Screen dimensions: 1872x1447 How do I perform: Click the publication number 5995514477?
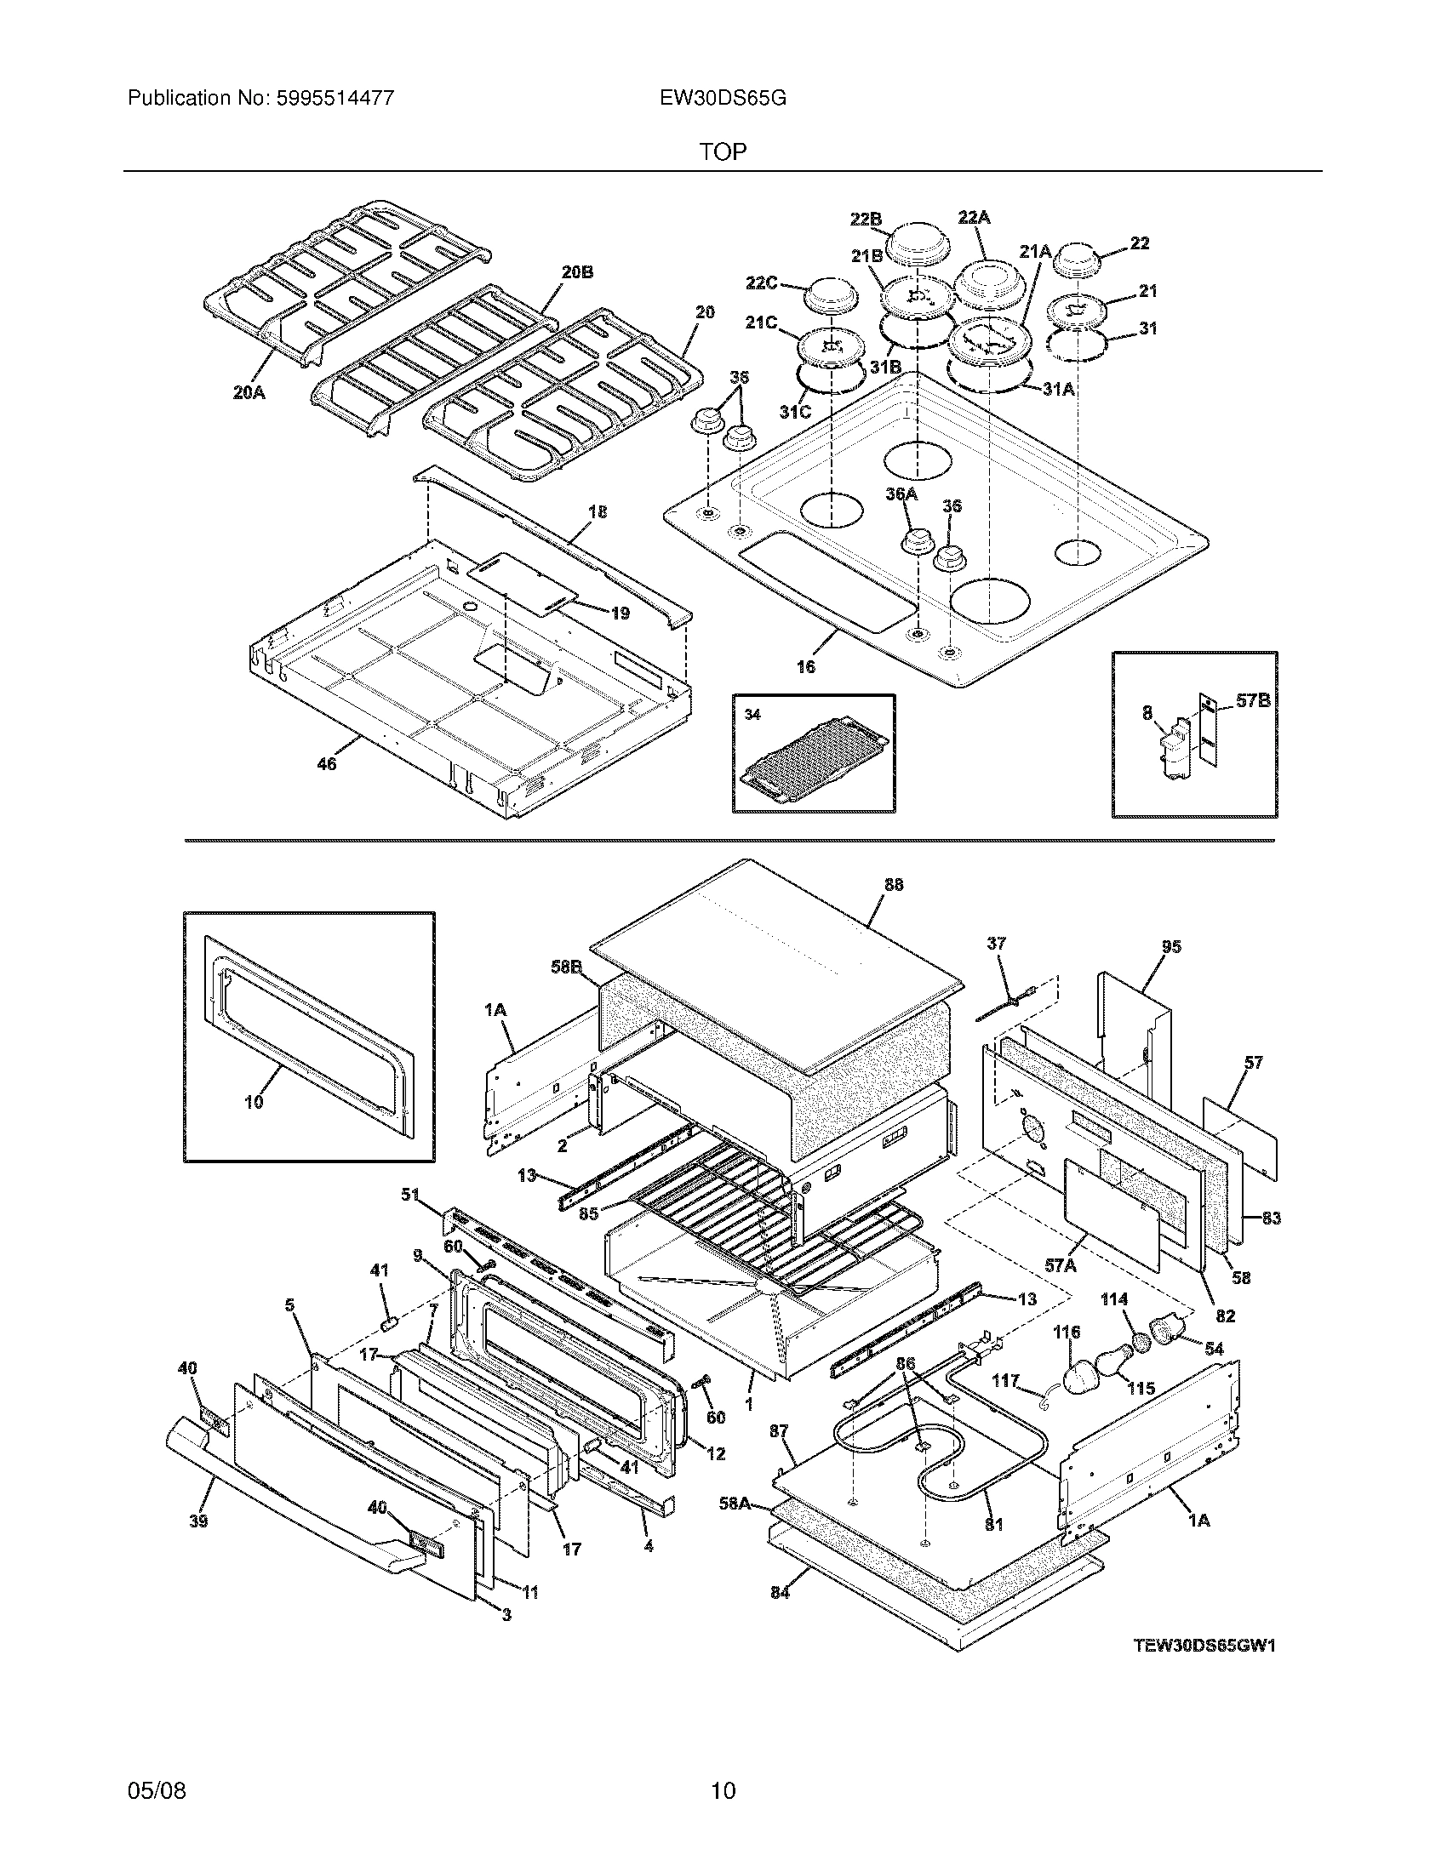335,99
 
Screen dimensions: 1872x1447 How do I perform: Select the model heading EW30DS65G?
723,99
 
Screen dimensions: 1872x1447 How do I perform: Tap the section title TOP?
723,152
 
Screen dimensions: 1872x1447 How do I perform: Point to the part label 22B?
866,220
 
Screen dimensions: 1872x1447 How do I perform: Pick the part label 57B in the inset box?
1252,700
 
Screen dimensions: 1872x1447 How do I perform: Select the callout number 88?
893,885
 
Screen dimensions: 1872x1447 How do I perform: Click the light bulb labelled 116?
1086,1380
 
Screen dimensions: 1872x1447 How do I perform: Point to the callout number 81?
993,1525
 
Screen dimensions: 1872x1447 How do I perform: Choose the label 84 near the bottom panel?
780,1593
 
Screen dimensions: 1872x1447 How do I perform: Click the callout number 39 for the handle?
198,1521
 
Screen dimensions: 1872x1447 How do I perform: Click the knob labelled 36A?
914,543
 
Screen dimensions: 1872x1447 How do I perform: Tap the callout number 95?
1171,946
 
